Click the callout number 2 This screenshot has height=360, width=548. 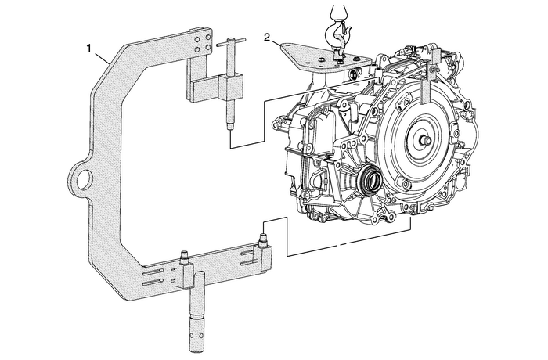(x=268, y=37)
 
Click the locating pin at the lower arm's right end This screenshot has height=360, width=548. (x=264, y=232)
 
